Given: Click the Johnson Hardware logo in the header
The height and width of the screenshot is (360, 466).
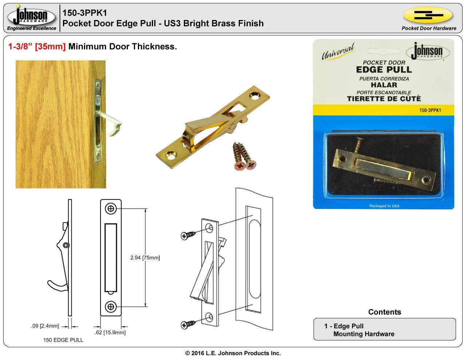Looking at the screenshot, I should (31, 17).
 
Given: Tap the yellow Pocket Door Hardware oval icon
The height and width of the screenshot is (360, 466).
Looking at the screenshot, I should (427, 15).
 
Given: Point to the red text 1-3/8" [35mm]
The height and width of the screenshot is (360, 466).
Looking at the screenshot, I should (37, 47).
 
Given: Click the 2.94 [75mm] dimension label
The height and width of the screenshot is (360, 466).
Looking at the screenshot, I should (145, 258).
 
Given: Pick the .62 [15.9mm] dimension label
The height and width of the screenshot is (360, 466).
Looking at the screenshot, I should (110, 332).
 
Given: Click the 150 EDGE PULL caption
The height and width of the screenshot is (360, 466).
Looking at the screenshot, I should (63, 340).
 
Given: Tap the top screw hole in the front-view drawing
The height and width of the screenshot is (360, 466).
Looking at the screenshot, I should (111, 209).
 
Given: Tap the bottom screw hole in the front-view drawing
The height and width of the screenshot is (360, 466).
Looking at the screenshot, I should (111, 306).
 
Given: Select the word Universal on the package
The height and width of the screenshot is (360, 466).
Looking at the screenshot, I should (337, 52).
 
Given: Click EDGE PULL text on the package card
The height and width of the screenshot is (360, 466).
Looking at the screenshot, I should (384, 70).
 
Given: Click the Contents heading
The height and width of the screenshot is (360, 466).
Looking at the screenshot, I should (384, 312).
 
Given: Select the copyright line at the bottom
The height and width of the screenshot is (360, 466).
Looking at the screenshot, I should (233, 353).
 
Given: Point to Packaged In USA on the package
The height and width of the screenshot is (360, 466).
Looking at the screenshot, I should (384, 206).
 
